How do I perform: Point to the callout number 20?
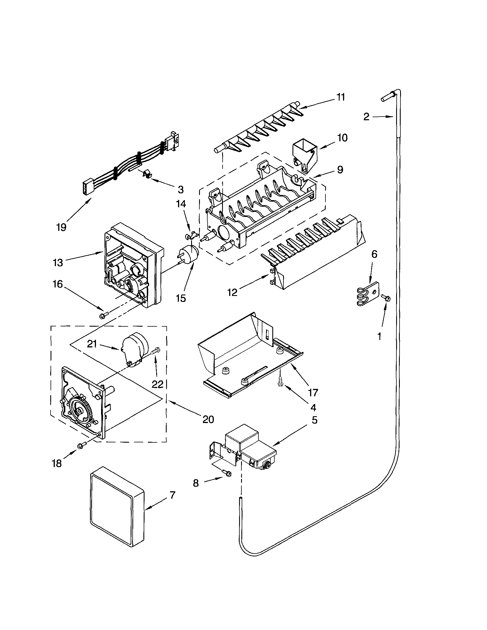pos(208,419)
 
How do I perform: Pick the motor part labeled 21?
pos(134,349)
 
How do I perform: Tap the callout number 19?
pos(61,227)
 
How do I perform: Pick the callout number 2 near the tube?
pos(366,117)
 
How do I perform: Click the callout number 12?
pos(232,292)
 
